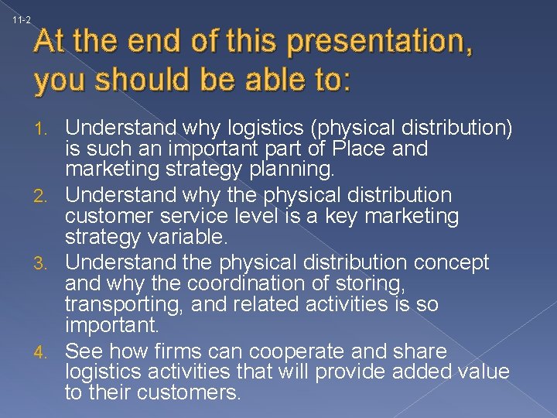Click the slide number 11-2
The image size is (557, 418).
pyautogui.click(x=22, y=19)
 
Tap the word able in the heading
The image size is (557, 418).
pyautogui.click(x=251, y=79)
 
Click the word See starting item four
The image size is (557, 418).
pyautogui.click(x=84, y=351)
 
